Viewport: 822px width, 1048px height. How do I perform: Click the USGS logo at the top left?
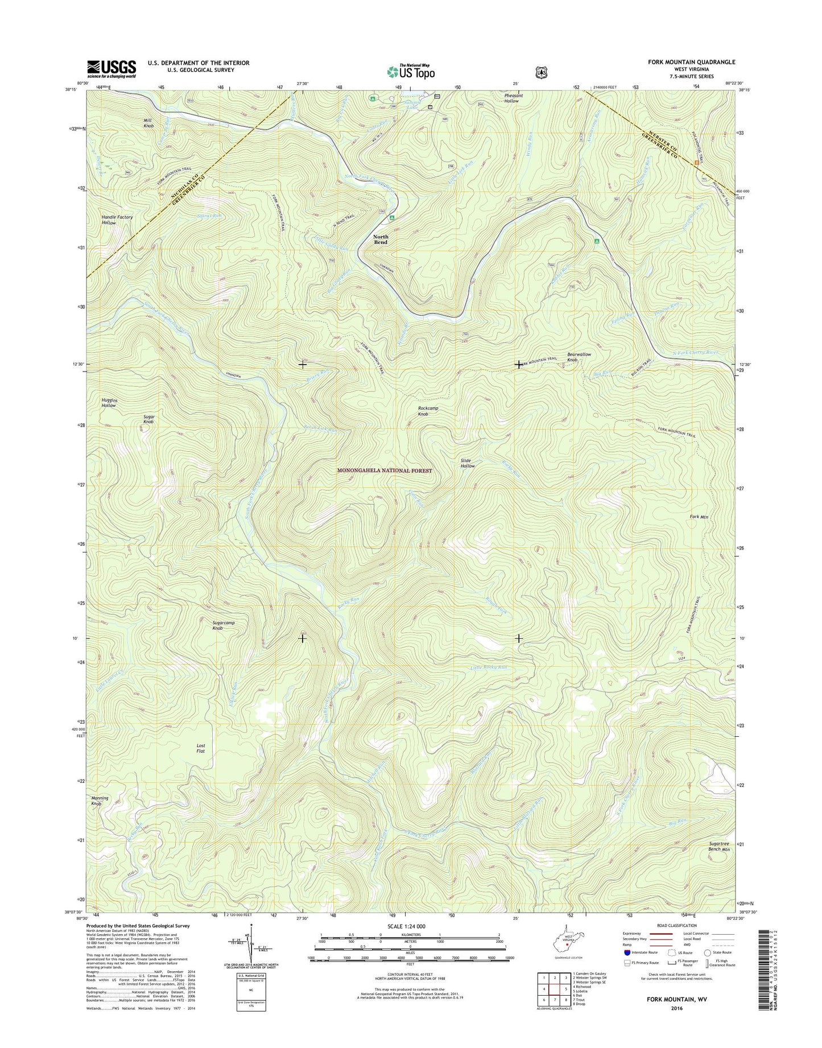point(111,68)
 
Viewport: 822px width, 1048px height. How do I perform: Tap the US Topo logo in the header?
point(411,72)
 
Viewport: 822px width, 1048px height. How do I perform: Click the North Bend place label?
point(381,240)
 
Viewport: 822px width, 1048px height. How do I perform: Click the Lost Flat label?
point(200,748)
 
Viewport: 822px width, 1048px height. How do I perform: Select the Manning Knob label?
point(100,801)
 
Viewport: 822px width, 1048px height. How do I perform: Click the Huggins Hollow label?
point(109,403)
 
